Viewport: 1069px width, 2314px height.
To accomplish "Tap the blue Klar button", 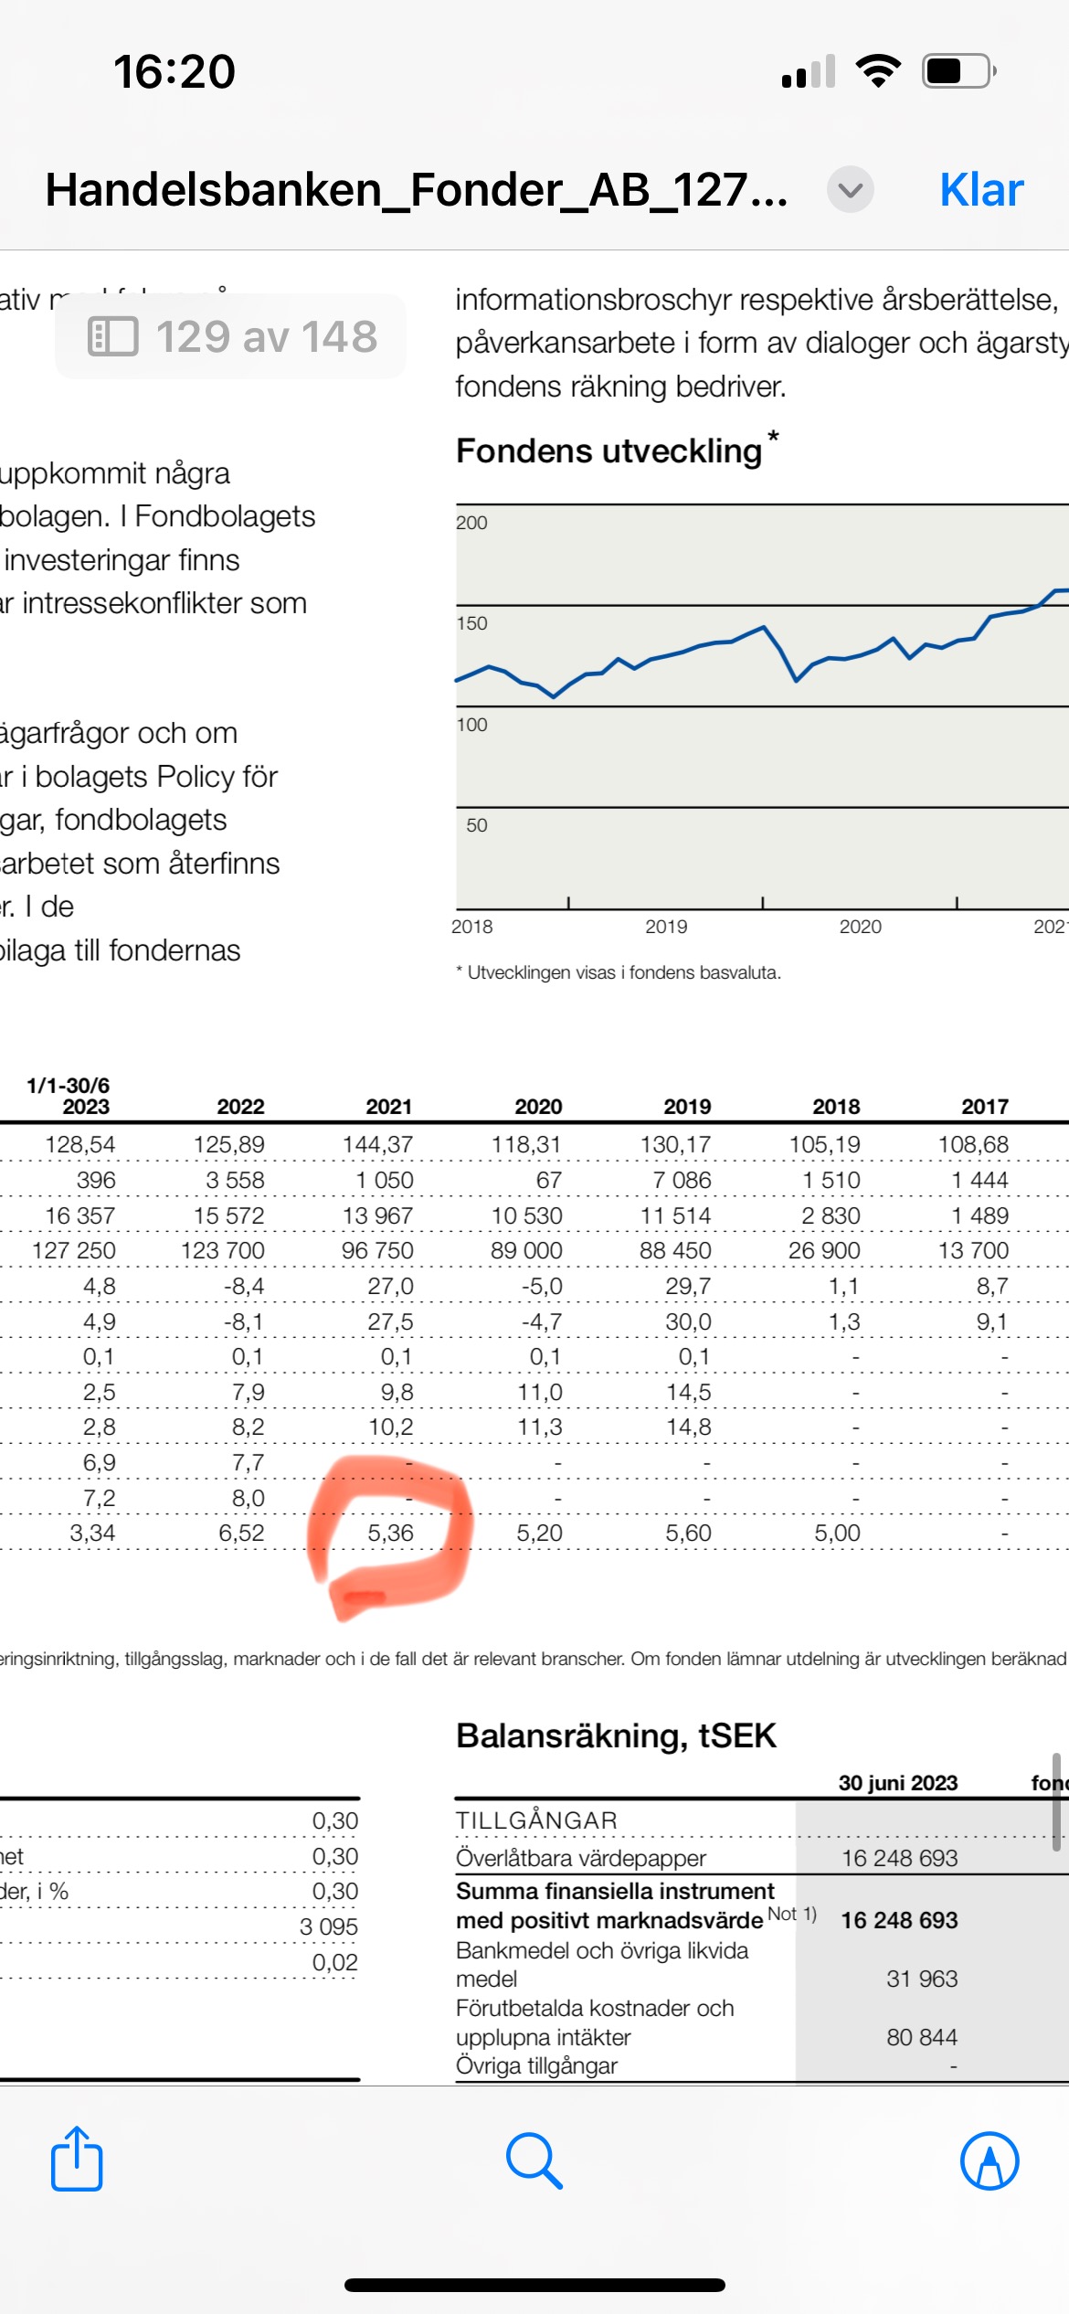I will point(981,190).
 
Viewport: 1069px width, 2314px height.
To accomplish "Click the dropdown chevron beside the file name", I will point(850,190).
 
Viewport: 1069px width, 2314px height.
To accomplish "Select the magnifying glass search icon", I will point(534,2160).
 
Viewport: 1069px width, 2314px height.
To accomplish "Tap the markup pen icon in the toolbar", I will point(990,2160).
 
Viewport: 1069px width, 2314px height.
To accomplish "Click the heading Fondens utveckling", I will point(609,451).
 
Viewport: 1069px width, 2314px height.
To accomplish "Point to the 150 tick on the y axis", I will point(472,623).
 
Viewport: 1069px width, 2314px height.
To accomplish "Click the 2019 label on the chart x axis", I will point(666,927).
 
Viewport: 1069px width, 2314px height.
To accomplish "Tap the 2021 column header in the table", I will point(389,1107).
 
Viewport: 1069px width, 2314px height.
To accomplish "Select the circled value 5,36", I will point(390,1533).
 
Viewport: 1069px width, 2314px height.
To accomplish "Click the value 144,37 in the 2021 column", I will point(378,1144).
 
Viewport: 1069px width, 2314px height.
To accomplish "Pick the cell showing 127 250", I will point(74,1250).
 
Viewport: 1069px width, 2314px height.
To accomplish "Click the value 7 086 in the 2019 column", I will point(682,1180).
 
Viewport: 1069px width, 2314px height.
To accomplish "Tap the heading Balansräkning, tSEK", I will point(616,1735).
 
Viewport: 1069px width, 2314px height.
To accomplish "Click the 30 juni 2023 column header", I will point(898,1783).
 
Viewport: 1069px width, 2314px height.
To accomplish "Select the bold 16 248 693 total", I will point(899,1919).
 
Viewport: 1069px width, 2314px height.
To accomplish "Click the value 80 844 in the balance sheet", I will point(922,2036).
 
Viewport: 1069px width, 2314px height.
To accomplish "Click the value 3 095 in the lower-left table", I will point(329,1927).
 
